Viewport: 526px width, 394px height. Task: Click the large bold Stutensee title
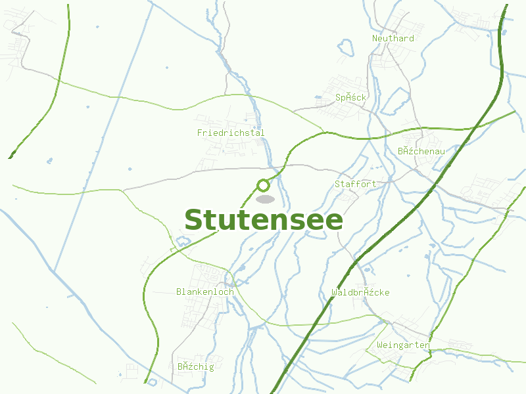click(x=263, y=220)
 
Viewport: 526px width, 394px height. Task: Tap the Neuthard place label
click(x=393, y=38)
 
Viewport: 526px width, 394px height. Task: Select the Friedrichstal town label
click(x=231, y=133)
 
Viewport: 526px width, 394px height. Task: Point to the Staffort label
click(x=355, y=184)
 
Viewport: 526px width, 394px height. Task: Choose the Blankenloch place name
click(x=204, y=292)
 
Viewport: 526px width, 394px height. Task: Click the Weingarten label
click(x=403, y=345)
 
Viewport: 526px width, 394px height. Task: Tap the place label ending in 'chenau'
click(x=421, y=151)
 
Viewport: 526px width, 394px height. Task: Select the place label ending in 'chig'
click(x=196, y=366)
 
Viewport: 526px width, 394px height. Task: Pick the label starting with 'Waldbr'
click(x=360, y=292)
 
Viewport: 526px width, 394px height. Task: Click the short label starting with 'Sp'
click(x=350, y=97)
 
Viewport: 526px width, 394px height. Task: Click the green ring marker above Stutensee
click(x=264, y=185)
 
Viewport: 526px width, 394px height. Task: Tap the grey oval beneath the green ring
click(x=265, y=199)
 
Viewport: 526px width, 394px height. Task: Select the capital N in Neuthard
click(x=375, y=38)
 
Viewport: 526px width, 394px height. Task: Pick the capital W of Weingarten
click(x=380, y=345)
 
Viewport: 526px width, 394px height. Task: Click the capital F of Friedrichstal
click(x=200, y=133)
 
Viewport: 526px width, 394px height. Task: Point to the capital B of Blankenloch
click(x=179, y=292)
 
